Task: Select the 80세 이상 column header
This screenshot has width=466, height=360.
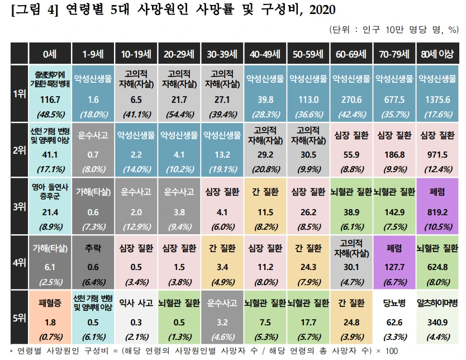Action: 438,54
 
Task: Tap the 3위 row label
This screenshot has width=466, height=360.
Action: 18,206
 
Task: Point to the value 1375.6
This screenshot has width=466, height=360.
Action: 438,100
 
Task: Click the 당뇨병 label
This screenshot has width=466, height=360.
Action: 394,305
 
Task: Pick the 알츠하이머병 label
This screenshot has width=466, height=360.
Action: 438,305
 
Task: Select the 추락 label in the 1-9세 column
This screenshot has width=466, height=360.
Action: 94,249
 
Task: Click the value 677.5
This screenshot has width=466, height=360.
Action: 394,100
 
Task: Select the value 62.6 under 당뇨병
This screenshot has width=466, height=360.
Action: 394,323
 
